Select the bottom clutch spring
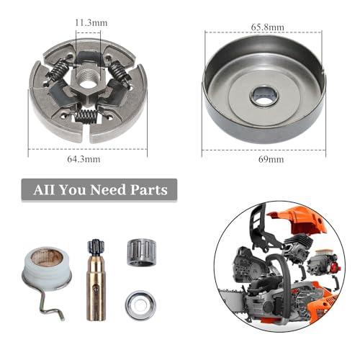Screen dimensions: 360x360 pyautogui.click(x=89, y=114)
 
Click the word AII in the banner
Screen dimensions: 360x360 pyautogui.click(x=45, y=190)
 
